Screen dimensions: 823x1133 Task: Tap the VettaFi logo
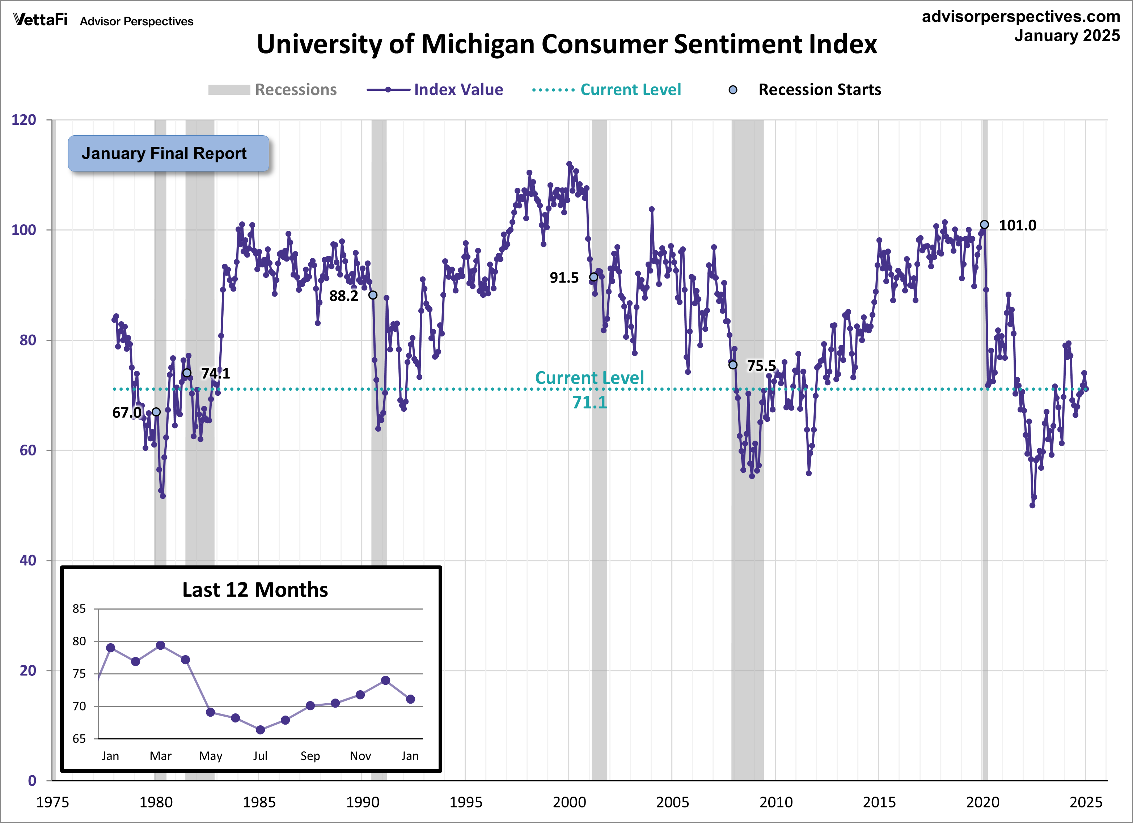(40, 20)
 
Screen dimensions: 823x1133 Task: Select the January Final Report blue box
(168, 153)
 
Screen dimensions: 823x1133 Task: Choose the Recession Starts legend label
(819, 90)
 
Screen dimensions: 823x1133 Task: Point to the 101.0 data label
(1017, 225)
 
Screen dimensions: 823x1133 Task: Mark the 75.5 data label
(761, 366)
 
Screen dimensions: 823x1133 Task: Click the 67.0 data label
(126, 412)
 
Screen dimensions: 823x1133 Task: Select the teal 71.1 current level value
(589, 402)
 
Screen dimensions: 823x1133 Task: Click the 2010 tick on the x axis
(776, 802)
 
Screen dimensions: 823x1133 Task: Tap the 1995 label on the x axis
(466, 802)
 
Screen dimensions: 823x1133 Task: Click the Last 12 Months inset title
(255, 590)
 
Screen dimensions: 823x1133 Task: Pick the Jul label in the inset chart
(260, 756)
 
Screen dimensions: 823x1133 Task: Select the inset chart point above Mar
(160, 645)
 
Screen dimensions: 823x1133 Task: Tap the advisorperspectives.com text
(1020, 17)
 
